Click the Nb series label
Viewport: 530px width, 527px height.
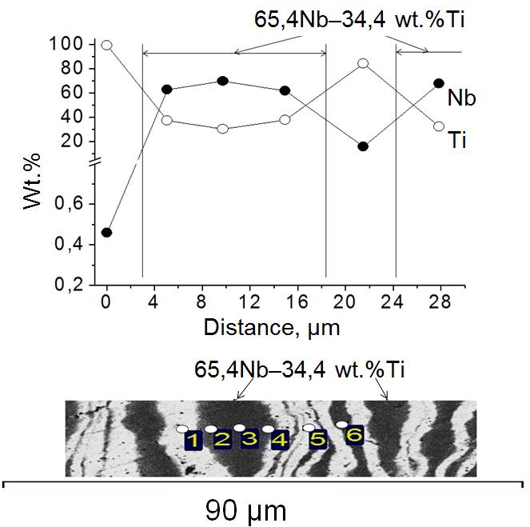click(x=462, y=98)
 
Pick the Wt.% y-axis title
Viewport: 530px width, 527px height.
click(x=33, y=185)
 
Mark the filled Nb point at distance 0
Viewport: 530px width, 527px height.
click(x=106, y=233)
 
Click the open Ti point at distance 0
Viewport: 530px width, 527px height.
click(x=106, y=46)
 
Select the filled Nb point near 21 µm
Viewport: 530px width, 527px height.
click(x=363, y=146)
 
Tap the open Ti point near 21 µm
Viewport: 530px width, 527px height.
click(x=363, y=63)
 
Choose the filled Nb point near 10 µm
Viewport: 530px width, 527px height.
click(x=223, y=81)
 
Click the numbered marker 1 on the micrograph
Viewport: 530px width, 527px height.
click(x=192, y=440)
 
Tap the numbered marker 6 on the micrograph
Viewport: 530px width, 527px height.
click(x=354, y=434)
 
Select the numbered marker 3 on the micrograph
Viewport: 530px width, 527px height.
click(x=249, y=439)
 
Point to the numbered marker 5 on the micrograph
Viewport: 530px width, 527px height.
click(x=318, y=439)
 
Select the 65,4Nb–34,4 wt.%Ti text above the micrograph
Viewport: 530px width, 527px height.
click(x=300, y=371)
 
